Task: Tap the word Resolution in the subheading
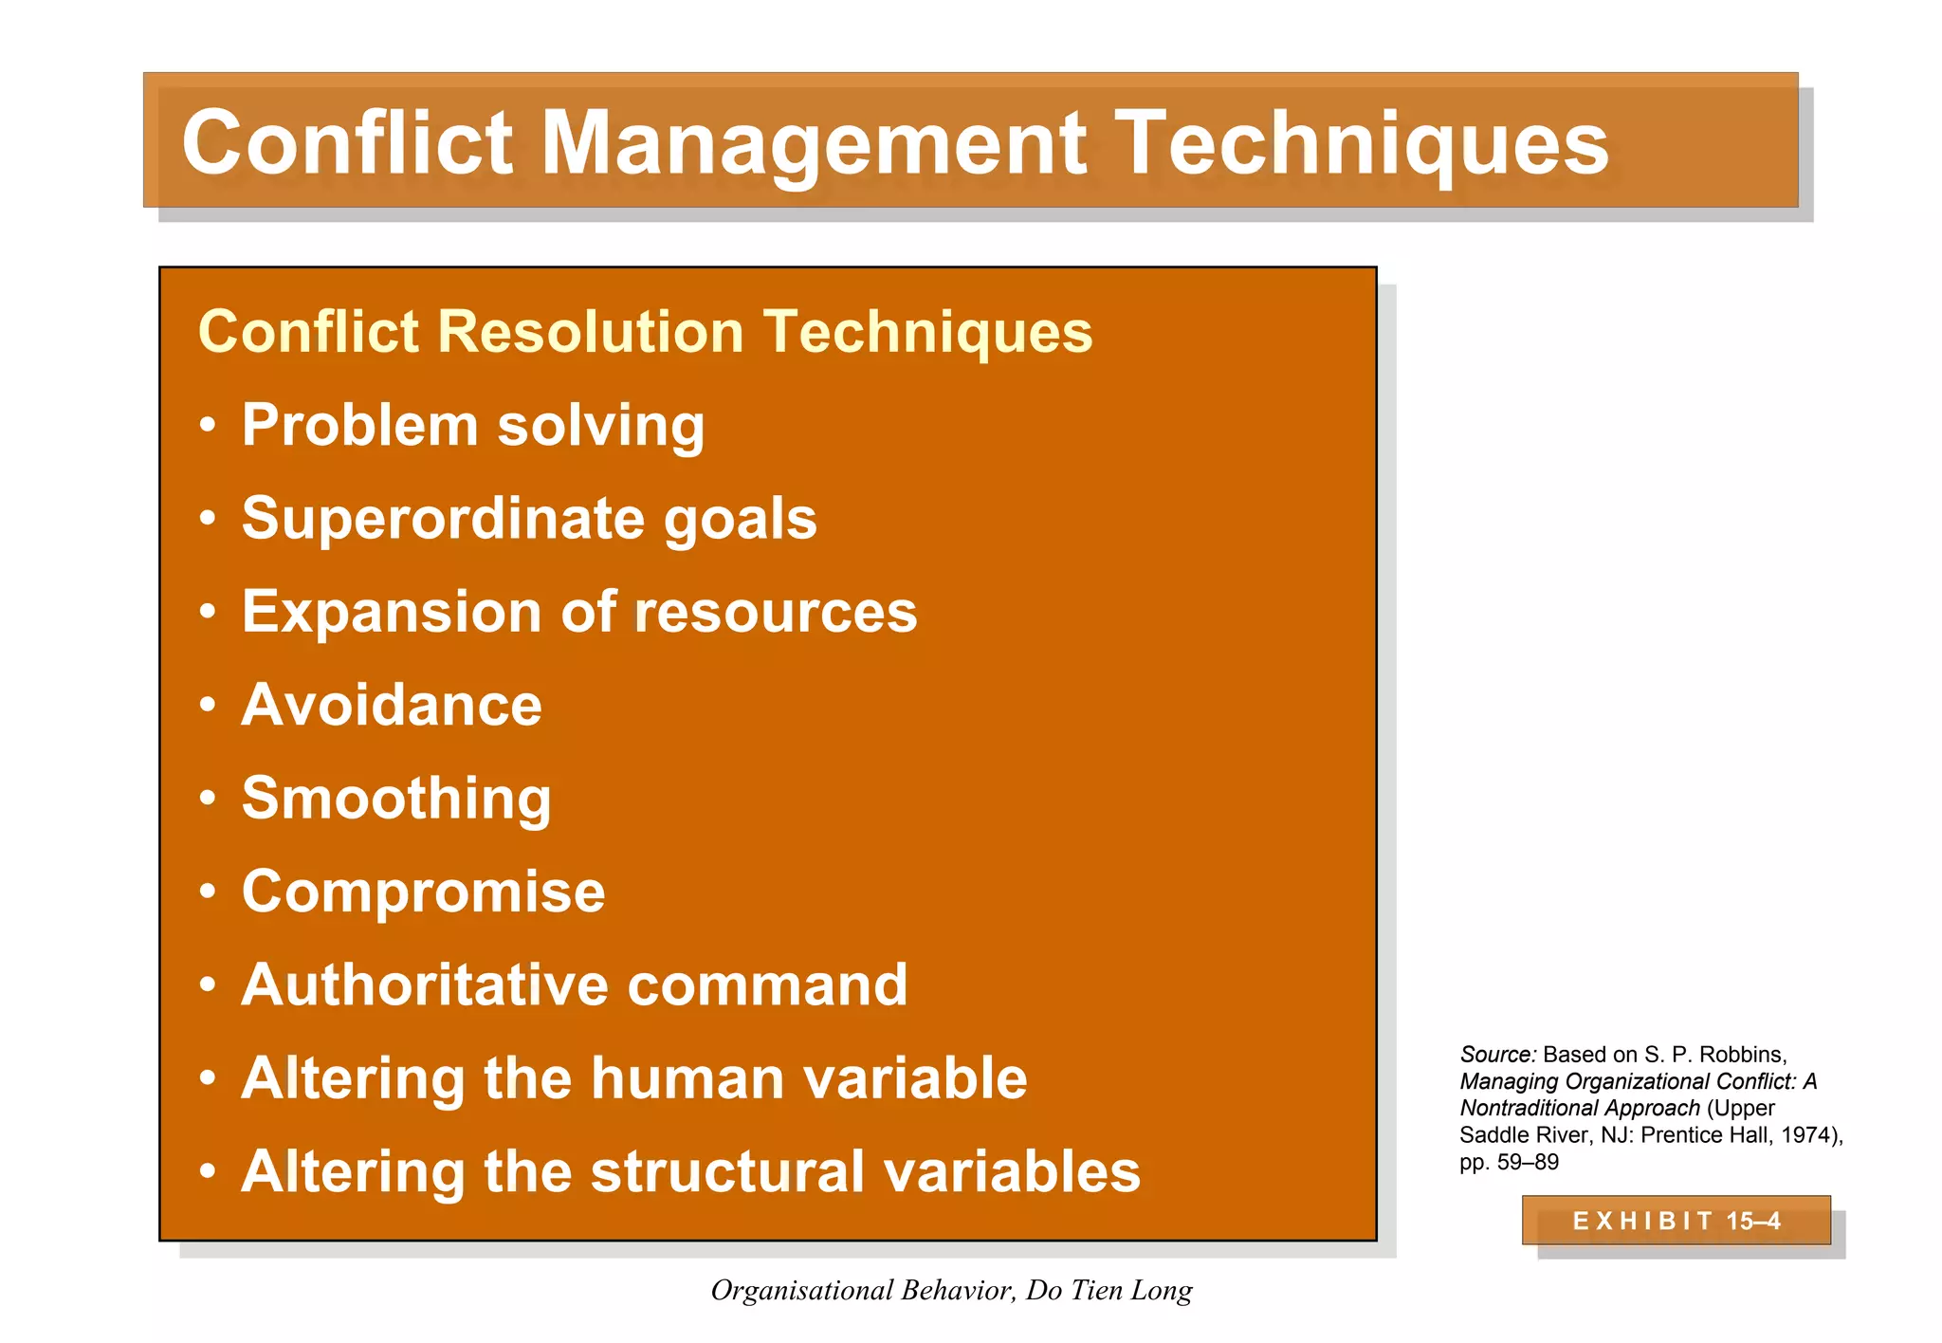point(589,332)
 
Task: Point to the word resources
point(775,611)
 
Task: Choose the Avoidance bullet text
point(391,705)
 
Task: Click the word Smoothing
point(395,798)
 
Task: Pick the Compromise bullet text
point(423,892)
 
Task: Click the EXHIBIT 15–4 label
point(1676,1221)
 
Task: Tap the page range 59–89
point(1528,1162)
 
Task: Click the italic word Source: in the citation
point(1496,1055)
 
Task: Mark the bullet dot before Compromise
point(208,892)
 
